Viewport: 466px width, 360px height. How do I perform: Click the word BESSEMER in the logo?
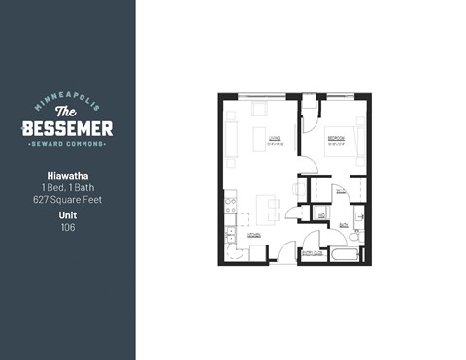pos(67,128)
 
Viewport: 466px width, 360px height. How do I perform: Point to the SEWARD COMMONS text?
pos(67,146)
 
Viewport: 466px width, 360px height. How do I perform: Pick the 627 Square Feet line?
pos(67,200)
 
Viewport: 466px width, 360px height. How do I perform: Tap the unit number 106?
pos(67,228)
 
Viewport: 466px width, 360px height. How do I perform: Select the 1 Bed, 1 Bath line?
pos(67,188)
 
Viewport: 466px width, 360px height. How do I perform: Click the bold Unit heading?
pos(67,216)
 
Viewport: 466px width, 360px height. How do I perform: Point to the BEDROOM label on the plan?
pos(336,139)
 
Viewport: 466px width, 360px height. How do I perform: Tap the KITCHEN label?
pos(253,234)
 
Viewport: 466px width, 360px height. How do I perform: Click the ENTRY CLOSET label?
pos(314,250)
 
